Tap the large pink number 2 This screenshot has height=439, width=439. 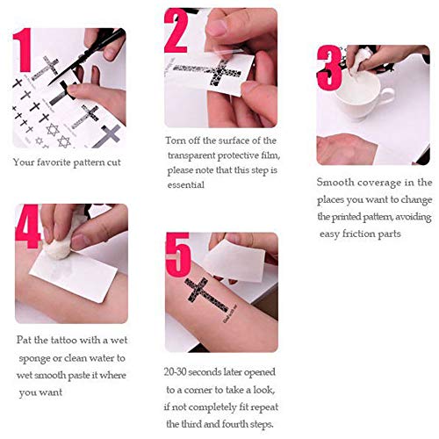pos(176,31)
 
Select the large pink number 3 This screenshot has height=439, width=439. pos(329,68)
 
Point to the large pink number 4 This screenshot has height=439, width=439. pos(28,227)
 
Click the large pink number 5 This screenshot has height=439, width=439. pos(178,255)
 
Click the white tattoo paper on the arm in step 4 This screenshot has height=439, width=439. pos(74,277)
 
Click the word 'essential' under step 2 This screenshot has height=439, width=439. pos(186,185)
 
